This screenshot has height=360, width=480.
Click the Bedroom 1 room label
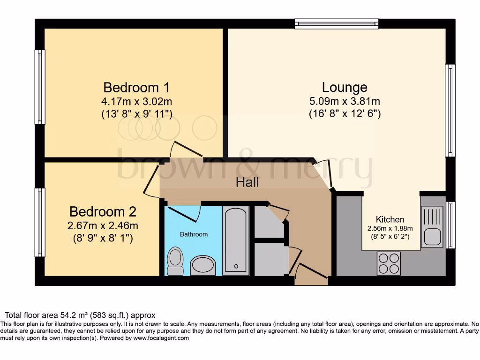coord(136,88)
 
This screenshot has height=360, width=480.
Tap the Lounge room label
coord(344,87)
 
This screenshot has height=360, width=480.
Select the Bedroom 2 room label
coord(103,212)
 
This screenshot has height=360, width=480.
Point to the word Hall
coord(247,182)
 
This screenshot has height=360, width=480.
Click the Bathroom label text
coord(194,234)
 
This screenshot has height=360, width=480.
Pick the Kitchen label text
coord(390,219)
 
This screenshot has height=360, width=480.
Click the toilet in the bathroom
coord(176,261)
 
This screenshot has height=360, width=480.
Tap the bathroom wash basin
coord(203,265)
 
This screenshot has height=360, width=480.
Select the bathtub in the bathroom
coord(235,240)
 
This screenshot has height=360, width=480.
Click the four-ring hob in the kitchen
coord(389,263)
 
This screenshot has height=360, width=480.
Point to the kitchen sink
coord(432,227)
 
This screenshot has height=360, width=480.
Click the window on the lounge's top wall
coord(337,23)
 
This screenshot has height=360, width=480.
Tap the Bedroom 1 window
coord(40,87)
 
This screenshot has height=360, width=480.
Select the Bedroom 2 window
coord(40,222)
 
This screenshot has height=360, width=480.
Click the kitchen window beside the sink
coord(450,225)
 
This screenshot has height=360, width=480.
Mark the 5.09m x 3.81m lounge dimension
coord(344,101)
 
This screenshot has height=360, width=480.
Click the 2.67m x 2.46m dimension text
coord(103,226)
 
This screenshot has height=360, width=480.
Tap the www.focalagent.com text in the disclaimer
coord(161,338)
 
